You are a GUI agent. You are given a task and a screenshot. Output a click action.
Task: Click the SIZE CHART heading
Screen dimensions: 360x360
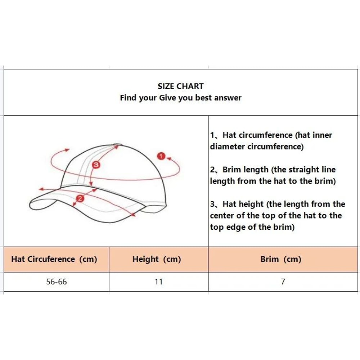[x=180, y=86]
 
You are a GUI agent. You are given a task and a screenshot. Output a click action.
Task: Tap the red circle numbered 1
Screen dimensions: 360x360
[x=161, y=156]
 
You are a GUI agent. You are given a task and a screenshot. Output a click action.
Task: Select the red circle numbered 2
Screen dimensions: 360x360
[x=80, y=198]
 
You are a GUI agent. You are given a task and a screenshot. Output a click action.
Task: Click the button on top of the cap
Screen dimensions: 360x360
[x=117, y=145]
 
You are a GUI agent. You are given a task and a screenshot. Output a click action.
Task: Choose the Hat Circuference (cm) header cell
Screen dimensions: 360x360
[x=54, y=259]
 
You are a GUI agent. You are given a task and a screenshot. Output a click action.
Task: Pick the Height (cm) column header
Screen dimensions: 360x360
[x=157, y=259]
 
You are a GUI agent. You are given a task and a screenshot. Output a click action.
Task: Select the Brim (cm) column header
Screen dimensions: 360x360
[x=281, y=259]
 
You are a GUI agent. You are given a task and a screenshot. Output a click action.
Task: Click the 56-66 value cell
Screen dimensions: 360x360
[x=57, y=282]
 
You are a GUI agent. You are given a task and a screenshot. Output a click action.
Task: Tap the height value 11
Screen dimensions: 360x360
[x=159, y=282]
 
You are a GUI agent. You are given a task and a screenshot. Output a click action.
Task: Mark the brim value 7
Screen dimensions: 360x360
[x=283, y=282]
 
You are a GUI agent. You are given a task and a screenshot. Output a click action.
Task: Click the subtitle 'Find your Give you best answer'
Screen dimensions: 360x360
[x=180, y=98]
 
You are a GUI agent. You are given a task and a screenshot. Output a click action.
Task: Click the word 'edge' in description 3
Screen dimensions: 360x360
[x=236, y=227]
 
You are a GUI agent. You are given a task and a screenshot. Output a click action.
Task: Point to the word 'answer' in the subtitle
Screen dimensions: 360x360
[x=228, y=98]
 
